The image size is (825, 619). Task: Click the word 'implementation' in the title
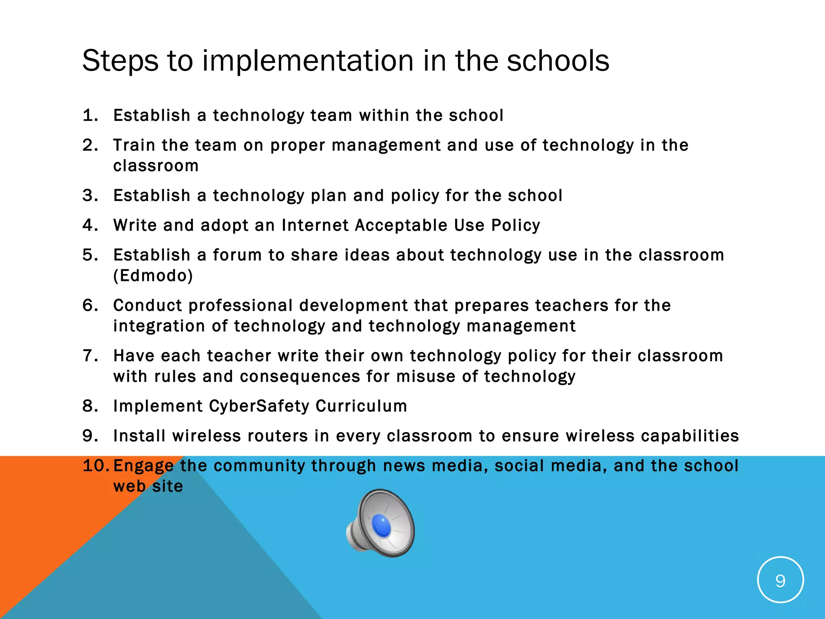[308, 61]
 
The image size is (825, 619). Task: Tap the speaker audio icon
[381, 523]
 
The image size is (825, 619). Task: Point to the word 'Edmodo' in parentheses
[153, 276]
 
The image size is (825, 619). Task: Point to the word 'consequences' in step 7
[300, 376]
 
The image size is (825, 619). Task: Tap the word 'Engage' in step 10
[143, 466]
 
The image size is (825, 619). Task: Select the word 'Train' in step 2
[134, 145]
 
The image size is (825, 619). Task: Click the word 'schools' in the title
[558, 61]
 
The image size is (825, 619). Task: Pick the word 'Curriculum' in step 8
[361, 406]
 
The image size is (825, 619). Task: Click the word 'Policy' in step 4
[516, 225]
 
